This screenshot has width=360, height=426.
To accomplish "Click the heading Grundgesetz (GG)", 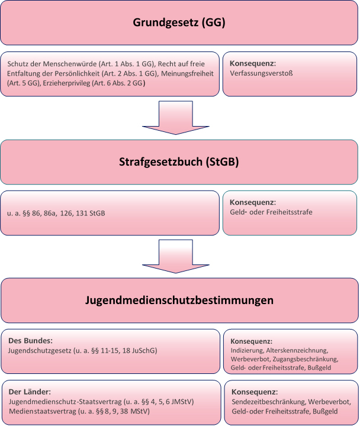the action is [179, 22].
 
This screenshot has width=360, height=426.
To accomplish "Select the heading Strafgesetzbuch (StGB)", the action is [179, 162].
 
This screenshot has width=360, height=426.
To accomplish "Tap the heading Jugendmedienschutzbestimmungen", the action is [179, 301].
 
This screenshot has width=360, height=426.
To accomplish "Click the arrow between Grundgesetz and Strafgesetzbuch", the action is [176, 118].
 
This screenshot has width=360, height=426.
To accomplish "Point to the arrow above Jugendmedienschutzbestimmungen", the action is [176, 256].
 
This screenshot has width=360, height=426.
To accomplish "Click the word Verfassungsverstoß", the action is [261, 73].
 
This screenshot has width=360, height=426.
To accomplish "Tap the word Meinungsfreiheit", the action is [187, 73].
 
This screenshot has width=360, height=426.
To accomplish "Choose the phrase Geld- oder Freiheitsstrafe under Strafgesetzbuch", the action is [271, 212].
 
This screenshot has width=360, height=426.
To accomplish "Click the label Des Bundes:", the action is [30, 341].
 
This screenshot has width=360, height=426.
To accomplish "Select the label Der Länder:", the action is [30, 392].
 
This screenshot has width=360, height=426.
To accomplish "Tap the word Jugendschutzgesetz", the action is [40, 351].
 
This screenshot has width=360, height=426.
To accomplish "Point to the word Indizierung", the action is [247, 351].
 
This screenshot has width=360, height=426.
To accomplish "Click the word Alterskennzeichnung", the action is [297, 351].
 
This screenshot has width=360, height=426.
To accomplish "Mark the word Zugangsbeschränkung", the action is [306, 359].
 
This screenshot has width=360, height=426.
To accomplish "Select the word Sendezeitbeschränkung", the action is [269, 402].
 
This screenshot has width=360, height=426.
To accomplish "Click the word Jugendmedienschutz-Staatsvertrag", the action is [65, 402].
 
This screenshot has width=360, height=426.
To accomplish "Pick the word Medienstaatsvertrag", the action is [43, 412].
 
